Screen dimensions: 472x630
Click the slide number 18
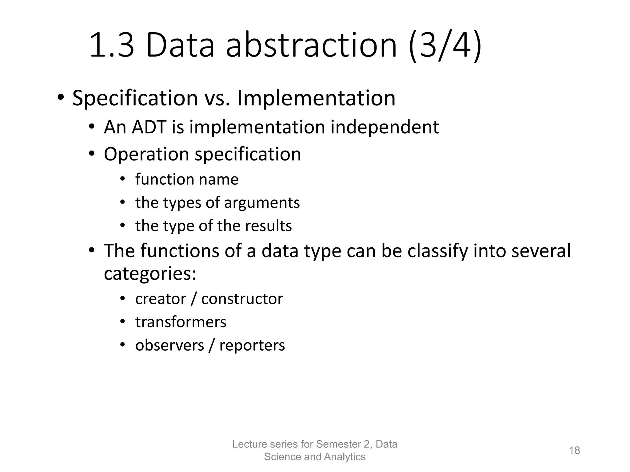point(574,450)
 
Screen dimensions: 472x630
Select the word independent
point(385,127)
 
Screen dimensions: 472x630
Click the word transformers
point(181,322)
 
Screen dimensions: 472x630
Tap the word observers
point(169,345)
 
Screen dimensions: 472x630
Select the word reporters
point(252,345)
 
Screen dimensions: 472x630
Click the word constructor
point(242,299)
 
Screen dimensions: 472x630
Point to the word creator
point(161,299)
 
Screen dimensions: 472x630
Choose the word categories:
point(150,273)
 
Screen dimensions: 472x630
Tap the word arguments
point(262,203)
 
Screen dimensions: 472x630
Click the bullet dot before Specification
point(60,98)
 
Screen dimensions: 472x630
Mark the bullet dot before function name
point(122,179)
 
